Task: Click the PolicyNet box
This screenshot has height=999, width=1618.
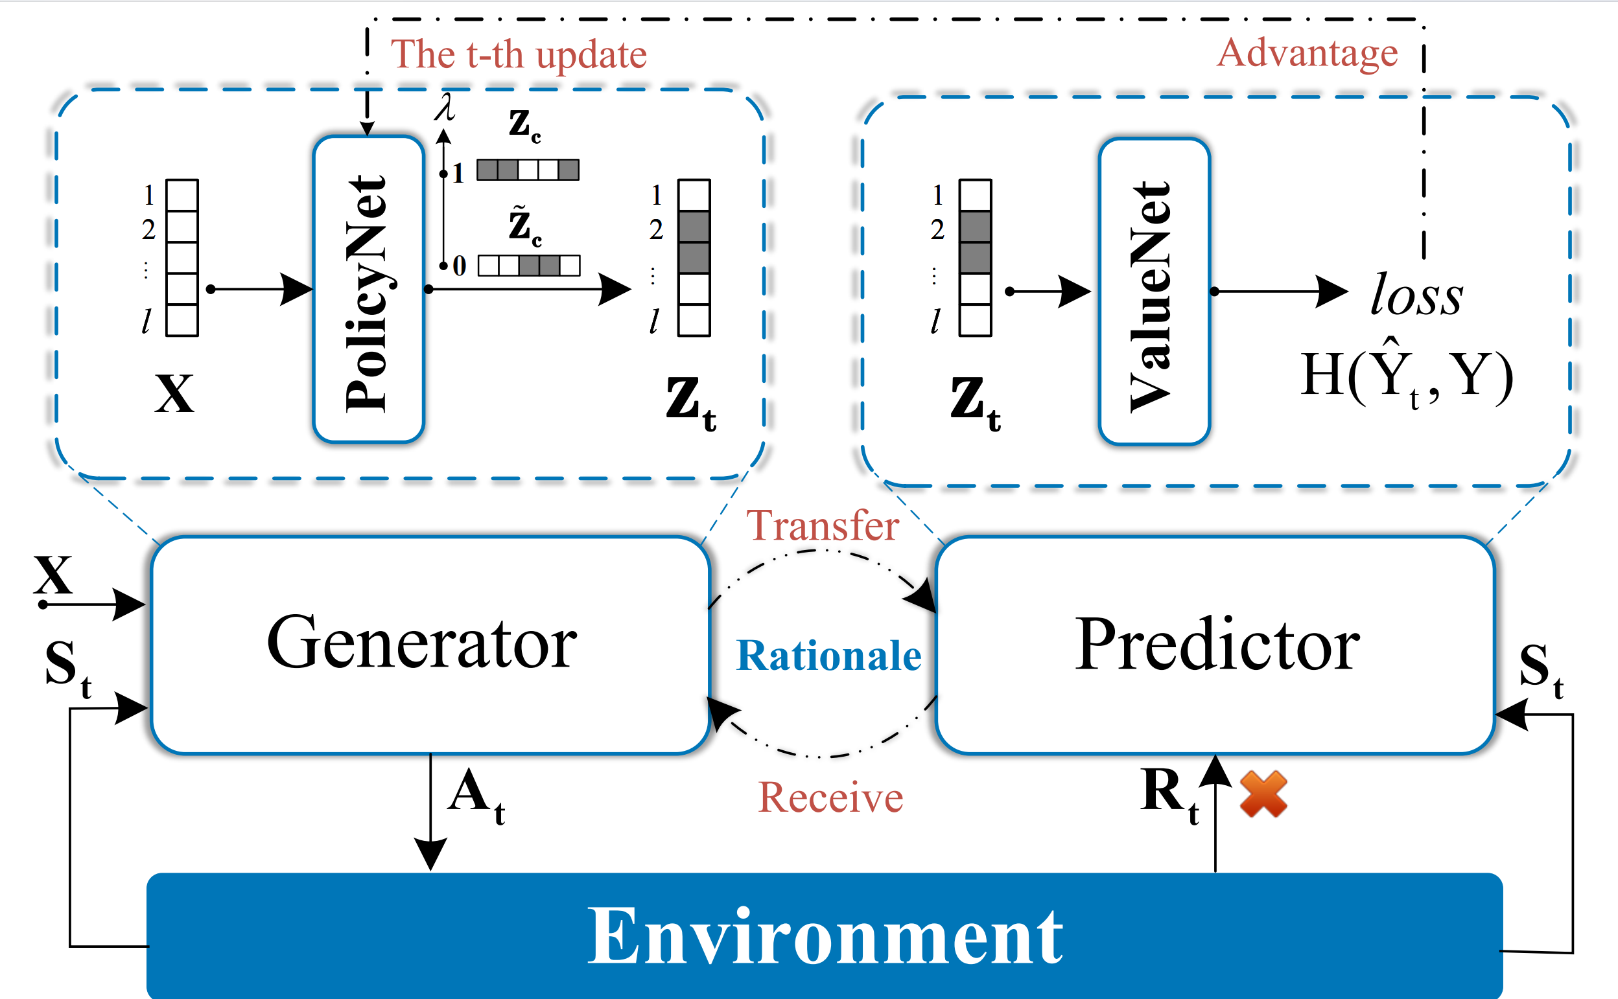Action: point(368,290)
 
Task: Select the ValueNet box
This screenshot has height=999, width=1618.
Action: point(1154,292)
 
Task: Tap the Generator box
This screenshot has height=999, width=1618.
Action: point(430,645)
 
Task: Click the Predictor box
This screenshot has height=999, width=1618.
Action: point(1215,645)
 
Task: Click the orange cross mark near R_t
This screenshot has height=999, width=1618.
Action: point(1263,794)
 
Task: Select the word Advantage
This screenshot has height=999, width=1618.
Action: point(1307,52)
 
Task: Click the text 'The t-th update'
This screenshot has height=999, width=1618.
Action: point(518,54)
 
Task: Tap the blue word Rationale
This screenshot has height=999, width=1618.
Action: point(828,656)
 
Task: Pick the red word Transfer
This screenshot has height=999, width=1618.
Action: point(822,526)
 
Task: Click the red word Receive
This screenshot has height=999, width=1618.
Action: point(830,798)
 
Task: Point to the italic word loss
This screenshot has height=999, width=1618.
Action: point(1416,295)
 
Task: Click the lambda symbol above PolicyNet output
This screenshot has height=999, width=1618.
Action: point(445,107)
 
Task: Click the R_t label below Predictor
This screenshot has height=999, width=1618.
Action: point(1169,794)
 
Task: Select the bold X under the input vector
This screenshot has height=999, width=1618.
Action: point(174,394)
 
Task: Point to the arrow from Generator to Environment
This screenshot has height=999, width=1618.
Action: point(430,812)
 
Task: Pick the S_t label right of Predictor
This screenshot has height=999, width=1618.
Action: point(1541,669)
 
